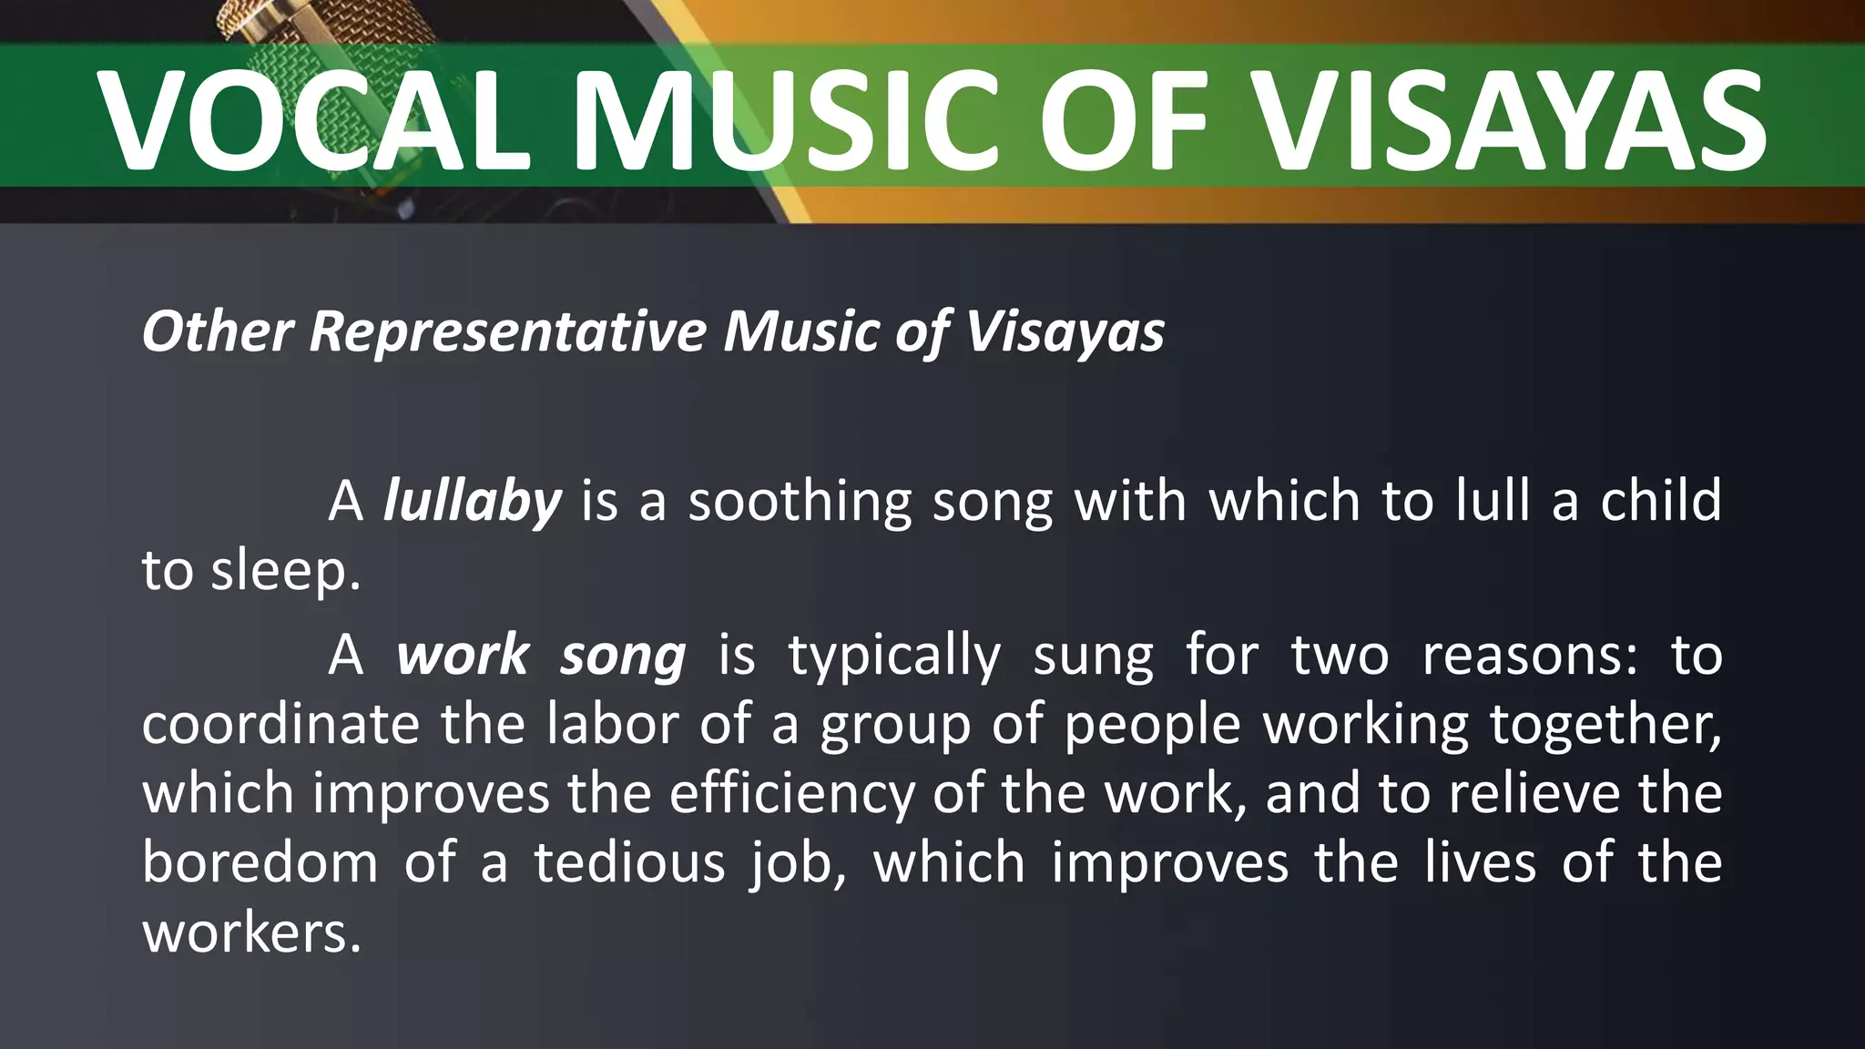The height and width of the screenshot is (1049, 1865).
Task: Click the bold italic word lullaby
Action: (x=472, y=502)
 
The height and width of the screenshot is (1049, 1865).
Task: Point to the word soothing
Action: (x=799, y=502)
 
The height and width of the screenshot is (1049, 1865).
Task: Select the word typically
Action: (x=893, y=657)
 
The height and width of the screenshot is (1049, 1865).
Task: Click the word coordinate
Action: (x=280, y=725)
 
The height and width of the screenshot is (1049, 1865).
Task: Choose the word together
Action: (x=1605, y=727)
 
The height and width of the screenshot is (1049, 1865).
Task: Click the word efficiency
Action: (x=791, y=794)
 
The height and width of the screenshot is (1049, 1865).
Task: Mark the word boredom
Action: (x=260, y=863)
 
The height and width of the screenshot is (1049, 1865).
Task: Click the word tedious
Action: (x=629, y=863)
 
